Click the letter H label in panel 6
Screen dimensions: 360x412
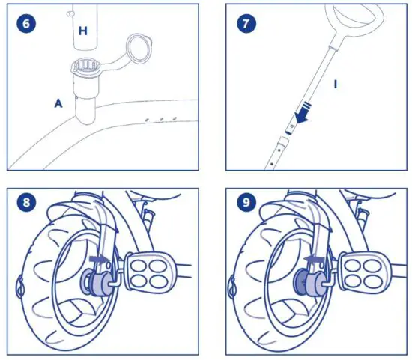coord(82,31)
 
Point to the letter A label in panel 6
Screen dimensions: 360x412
coord(58,105)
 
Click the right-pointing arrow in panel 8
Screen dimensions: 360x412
coord(99,258)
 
